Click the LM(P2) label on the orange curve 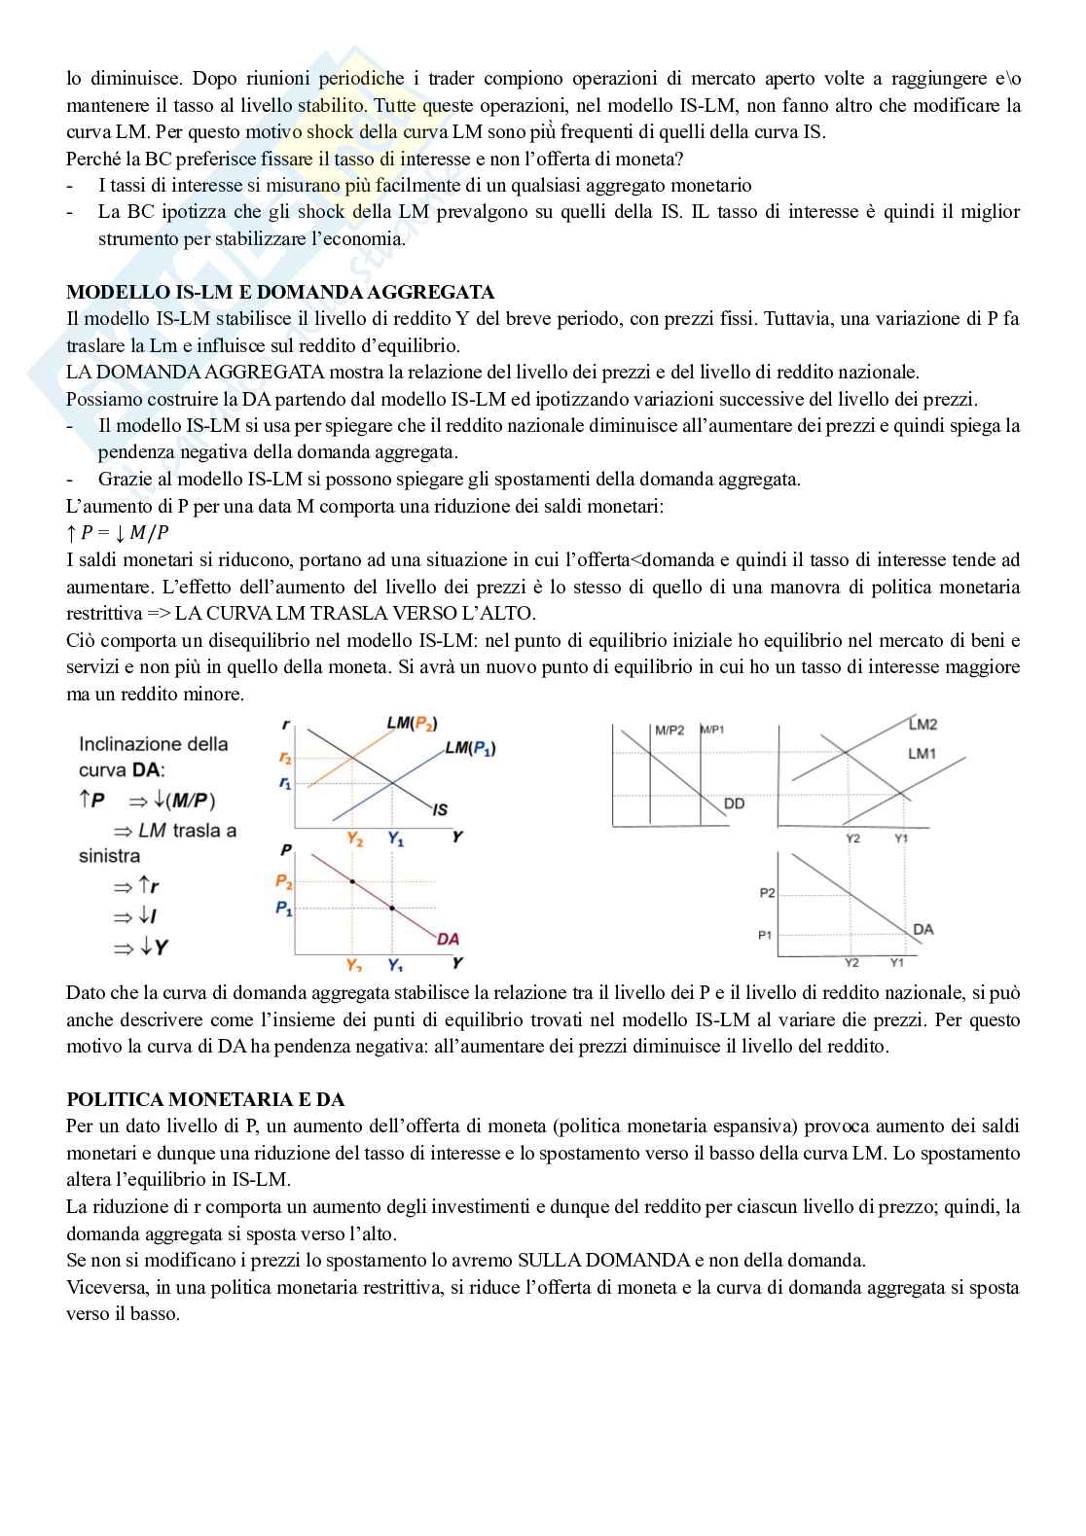point(412,723)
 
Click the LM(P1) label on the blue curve point(470,747)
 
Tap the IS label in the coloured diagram point(440,808)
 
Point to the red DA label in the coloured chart point(448,939)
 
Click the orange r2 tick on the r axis point(284,758)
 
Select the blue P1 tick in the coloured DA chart point(283,908)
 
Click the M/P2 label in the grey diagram point(670,730)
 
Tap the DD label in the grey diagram point(734,804)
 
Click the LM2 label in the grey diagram point(923,724)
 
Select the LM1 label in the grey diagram point(921,753)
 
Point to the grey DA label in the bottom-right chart point(923,929)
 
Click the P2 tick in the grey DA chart point(767,892)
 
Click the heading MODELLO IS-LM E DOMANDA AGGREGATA point(280,292)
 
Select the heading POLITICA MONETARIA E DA point(205,1099)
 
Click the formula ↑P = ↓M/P point(118,533)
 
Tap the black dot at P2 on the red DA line point(352,881)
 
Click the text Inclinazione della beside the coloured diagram point(154,744)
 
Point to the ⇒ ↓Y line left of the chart point(140,947)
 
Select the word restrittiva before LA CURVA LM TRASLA point(101,614)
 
